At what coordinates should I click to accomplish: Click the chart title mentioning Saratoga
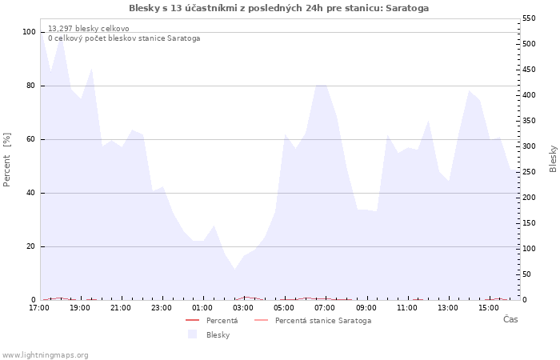tap(278, 8)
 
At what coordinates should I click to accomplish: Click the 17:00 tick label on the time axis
tap(39, 308)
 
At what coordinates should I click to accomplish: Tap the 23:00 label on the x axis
tap(162, 308)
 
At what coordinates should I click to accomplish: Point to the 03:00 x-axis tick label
tap(243, 308)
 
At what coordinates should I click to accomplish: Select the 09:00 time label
tap(366, 308)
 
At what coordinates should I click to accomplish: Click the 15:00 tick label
tap(489, 308)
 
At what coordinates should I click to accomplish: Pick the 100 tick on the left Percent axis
tap(29, 32)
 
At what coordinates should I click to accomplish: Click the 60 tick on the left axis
tap(31, 139)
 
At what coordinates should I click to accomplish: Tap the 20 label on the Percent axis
tap(31, 246)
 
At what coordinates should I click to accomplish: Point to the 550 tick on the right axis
tap(529, 18)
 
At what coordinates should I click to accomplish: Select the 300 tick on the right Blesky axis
tap(529, 146)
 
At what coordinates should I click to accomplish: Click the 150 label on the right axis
tap(529, 223)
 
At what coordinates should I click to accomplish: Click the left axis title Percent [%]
tap(8, 160)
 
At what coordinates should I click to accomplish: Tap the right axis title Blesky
tap(553, 158)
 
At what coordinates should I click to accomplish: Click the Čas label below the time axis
tap(510, 320)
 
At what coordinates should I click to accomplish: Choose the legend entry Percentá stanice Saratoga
tap(322, 321)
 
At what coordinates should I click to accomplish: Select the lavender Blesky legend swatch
tap(192, 334)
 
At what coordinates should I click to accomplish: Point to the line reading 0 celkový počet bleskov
tap(123, 38)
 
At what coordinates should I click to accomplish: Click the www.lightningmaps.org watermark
tap(46, 354)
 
